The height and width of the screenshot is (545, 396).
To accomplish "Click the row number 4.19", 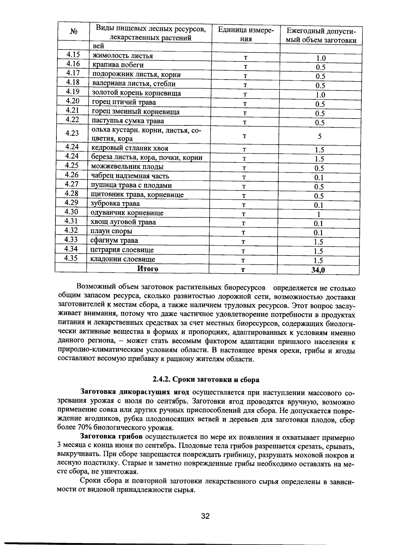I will tap(73, 91).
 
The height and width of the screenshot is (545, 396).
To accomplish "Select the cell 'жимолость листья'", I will tap(122, 56).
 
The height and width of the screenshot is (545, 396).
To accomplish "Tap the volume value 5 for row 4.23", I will tap(319, 136).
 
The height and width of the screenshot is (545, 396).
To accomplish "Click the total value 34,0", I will tap(318, 270).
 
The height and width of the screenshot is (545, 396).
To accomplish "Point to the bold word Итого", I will tap(148, 269).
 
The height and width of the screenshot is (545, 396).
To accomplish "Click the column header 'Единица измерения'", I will tap(246, 34).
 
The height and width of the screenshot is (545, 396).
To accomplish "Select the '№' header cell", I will tap(74, 32).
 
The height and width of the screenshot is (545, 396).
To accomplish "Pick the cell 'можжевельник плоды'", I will tap(127, 167).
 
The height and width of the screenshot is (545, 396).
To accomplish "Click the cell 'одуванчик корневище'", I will tap(127, 213).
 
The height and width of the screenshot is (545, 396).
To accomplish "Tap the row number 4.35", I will tap(71, 258).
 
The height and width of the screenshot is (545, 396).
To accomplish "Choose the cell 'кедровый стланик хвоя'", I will tap(130, 148).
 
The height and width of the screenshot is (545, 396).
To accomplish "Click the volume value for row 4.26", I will tap(319, 178).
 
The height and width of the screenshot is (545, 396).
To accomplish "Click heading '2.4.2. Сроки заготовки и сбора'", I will tap(206, 380).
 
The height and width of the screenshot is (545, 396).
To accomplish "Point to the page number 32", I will tap(205, 516).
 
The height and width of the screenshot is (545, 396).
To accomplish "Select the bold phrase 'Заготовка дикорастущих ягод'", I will tap(135, 392).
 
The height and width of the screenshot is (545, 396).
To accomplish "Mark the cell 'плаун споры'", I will tap(112, 231).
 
